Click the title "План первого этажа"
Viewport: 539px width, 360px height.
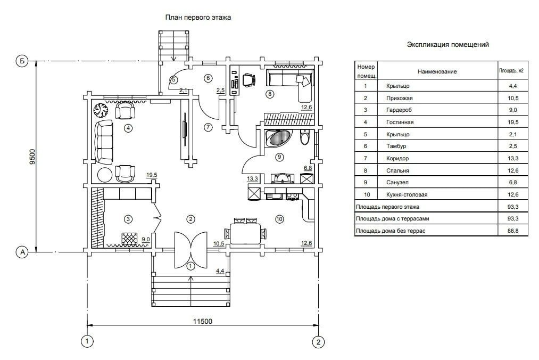click(198, 17)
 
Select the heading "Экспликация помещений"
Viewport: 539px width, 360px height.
click(447, 45)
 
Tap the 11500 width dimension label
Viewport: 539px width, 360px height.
click(202, 321)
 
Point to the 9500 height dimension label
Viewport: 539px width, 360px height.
click(32, 154)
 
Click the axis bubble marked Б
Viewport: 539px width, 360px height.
click(22, 61)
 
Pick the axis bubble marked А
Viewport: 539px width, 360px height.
click(22, 252)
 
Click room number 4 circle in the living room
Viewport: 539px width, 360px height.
click(128, 128)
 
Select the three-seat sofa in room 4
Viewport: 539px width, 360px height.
click(104, 141)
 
